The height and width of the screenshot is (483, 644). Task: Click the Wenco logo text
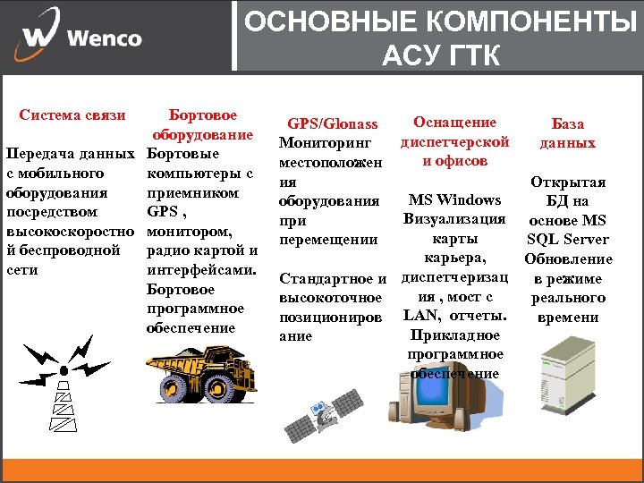pos(104,38)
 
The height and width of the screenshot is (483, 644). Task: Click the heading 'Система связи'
pos(72,115)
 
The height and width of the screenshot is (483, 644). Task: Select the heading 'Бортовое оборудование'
pos(202,125)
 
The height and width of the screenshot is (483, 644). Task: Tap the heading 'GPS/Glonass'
pos(332,123)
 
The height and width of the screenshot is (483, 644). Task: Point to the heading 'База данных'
pos(567,133)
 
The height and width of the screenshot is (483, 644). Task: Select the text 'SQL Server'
pos(567,239)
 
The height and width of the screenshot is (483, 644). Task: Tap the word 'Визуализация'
pos(454,219)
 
